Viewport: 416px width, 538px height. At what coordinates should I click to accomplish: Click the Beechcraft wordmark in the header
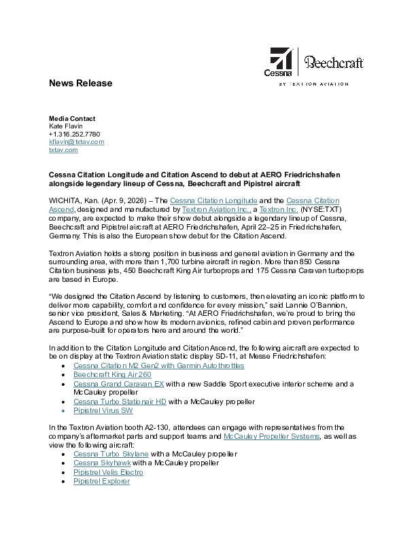pyautogui.click(x=329, y=63)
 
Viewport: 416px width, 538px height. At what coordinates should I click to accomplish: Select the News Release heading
pyautogui.click(x=80, y=84)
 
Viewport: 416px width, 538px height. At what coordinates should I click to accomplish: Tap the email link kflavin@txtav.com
pyautogui.click(x=76, y=142)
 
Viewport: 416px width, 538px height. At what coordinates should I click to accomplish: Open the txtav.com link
pyautogui.click(x=63, y=150)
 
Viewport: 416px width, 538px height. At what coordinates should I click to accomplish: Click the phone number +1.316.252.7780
pyautogui.click(x=74, y=134)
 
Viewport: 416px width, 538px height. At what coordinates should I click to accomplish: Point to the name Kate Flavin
pyautogui.click(x=65, y=126)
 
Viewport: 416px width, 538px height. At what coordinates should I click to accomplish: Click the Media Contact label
pyautogui.click(x=72, y=118)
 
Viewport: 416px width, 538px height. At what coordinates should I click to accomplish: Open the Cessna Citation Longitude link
pyautogui.click(x=213, y=200)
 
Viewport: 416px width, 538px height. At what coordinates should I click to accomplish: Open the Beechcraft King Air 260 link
pyautogui.click(x=112, y=374)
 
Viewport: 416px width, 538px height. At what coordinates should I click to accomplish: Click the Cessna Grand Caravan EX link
pyautogui.click(x=119, y=384)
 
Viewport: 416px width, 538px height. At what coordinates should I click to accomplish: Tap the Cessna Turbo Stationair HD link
pyautogui.click(x=120, y=401)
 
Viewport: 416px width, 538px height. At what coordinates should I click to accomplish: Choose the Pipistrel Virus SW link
pyautogui.click(x=103, y=410)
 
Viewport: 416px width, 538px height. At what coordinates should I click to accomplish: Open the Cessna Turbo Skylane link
pyautogui.click(x=111, y=454)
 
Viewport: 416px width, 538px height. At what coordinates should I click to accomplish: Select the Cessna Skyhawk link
pyautogui.click(x=102, y=463)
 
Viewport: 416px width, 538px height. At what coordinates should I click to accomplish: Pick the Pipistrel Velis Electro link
pyautogui.click(x=108, y=471)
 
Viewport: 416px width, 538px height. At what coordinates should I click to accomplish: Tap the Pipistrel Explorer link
pyautogui.click(x=101, y=481)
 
